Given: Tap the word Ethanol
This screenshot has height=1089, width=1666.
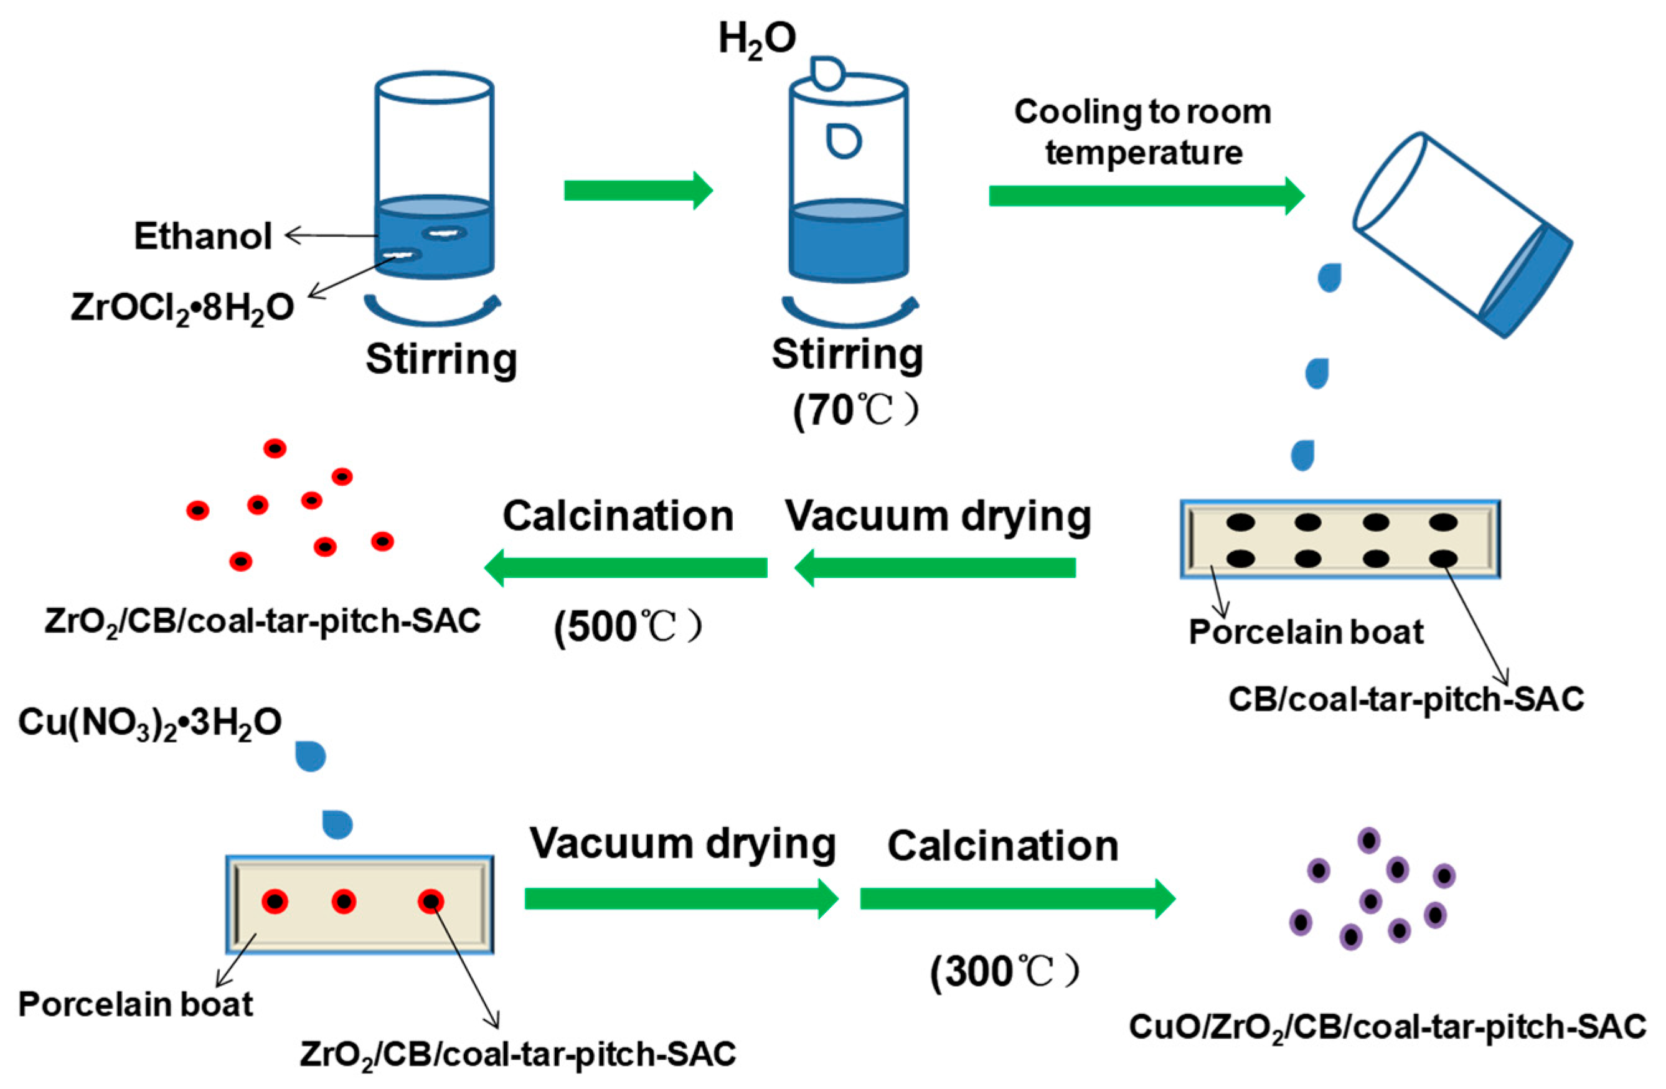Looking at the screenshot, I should click(x=203, y=237).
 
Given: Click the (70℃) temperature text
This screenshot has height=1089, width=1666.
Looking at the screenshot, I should click(x=855, y=411).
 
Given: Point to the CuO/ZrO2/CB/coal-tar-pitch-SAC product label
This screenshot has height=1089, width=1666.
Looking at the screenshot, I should click(x=1388, y=1027).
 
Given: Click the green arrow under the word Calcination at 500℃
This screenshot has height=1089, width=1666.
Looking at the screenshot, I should click(x=626, y=567).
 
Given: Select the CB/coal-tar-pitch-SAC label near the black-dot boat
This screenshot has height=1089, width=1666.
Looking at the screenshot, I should click(x=1406, y=699).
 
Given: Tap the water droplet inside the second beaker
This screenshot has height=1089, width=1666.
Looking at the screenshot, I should click(x=844, y=141).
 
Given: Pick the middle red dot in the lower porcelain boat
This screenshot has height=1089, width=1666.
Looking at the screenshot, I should click(x=344, y=902).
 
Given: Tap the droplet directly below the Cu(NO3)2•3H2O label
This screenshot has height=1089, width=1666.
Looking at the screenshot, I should click(x=310, y=757).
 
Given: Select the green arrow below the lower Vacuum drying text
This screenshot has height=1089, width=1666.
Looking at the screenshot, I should click(x=681, y=898).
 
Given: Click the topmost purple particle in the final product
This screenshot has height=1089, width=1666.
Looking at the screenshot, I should click(x=1368, y=840).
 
